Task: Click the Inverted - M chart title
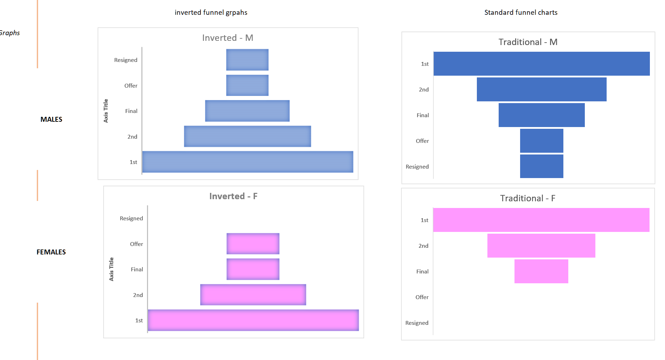click(228, 38)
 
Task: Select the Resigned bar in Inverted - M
click(247, 60)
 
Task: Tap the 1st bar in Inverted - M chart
click(248, 162)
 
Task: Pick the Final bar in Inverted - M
click(247, 111)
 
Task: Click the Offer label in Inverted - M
click(131, 86)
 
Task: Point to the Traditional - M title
click(528, 42)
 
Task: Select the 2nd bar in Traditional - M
click(542, 89)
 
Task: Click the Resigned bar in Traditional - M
click(542, 166)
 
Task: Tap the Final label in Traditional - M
click(423, 115)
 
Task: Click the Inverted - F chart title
click(233, 196)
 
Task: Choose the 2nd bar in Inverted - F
click(253, 295)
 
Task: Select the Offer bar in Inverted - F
click(253, 244)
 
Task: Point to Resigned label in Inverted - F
click(131, 218)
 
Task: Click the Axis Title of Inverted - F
click(111, 269)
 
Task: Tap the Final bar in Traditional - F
click(541, 271)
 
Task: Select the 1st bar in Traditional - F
click(541, 220)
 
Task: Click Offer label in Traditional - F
click(422, 297)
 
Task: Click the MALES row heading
click(51, 119)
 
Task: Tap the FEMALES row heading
click(51, 252)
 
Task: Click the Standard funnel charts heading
click(521, 12)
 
